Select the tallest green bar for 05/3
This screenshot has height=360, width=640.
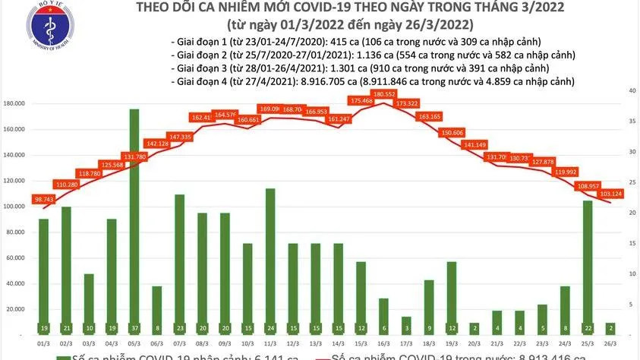click(134, 220)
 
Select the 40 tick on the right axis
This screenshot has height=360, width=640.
click(630, 90)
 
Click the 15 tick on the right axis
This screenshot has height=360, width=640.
click(630, 244)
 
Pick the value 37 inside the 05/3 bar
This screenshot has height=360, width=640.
click(134, 329)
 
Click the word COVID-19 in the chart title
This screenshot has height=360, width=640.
click(281, 8)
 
